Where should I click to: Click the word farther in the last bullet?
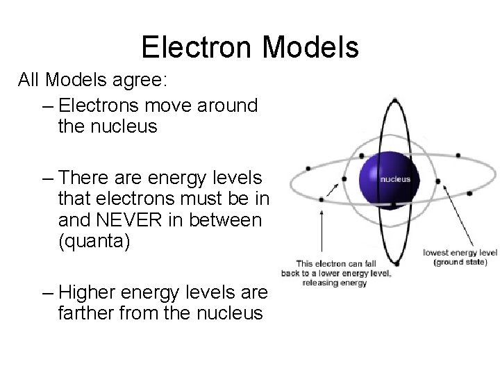click(85, 312)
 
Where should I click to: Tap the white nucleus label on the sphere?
click(394, 178)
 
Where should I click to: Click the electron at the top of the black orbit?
click(394, 99)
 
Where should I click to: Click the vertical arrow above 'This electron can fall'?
click(322, 228)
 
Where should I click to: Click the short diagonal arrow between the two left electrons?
click(334, 188)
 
